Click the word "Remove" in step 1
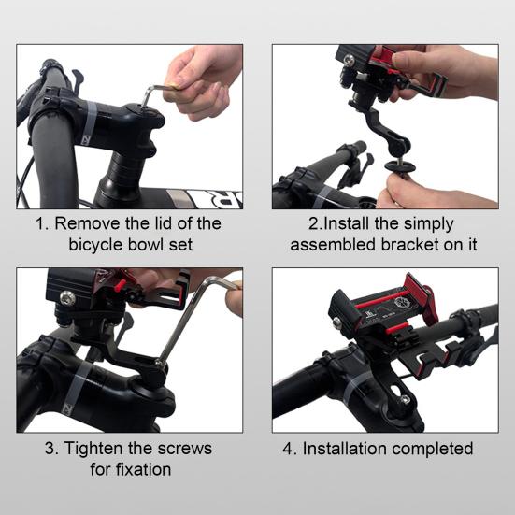tap(87, 223)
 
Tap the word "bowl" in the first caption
tap(145, 245)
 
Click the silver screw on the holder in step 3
tap(67, 298)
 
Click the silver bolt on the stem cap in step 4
tap(406, 400)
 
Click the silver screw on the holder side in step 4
tap(337, 322)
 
